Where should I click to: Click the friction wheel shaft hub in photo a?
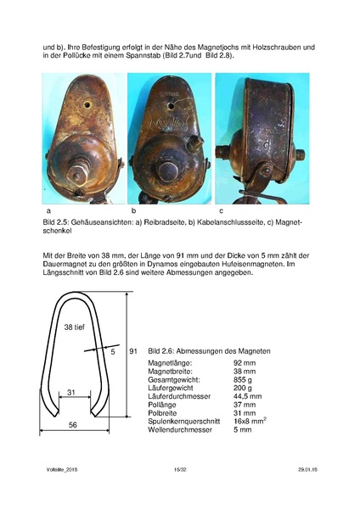click(x=78, y=173)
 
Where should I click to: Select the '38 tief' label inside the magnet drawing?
click(x=74, y=327)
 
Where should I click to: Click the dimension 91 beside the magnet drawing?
click(x=133, y=350)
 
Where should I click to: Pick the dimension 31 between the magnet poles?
click(x=72, y=391)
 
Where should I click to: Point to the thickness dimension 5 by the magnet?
click(x=112, y=350)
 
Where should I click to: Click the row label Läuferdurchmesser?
click(x=180, y=395)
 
